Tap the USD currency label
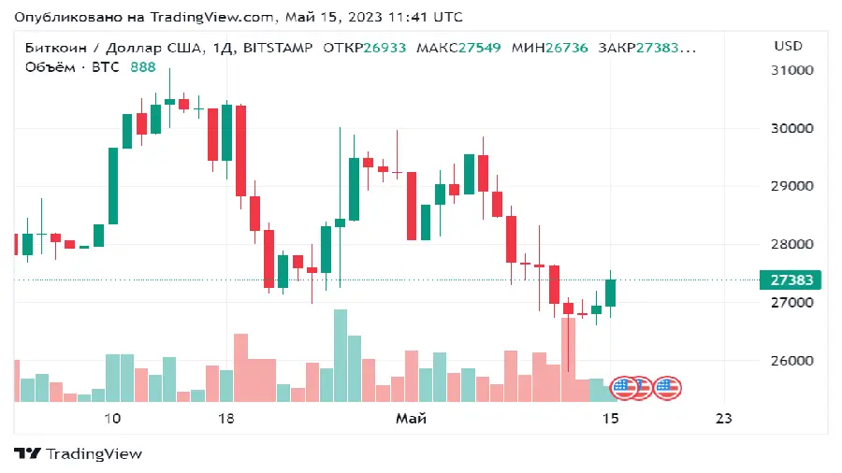[789, 46]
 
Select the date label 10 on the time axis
[112, 418]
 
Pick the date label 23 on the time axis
[722, 418]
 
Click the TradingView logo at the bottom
[79, 453]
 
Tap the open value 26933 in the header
[385, 47]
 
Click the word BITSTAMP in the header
[277, 47]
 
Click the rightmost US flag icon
[667, 388]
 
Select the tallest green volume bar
[341, 355]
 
